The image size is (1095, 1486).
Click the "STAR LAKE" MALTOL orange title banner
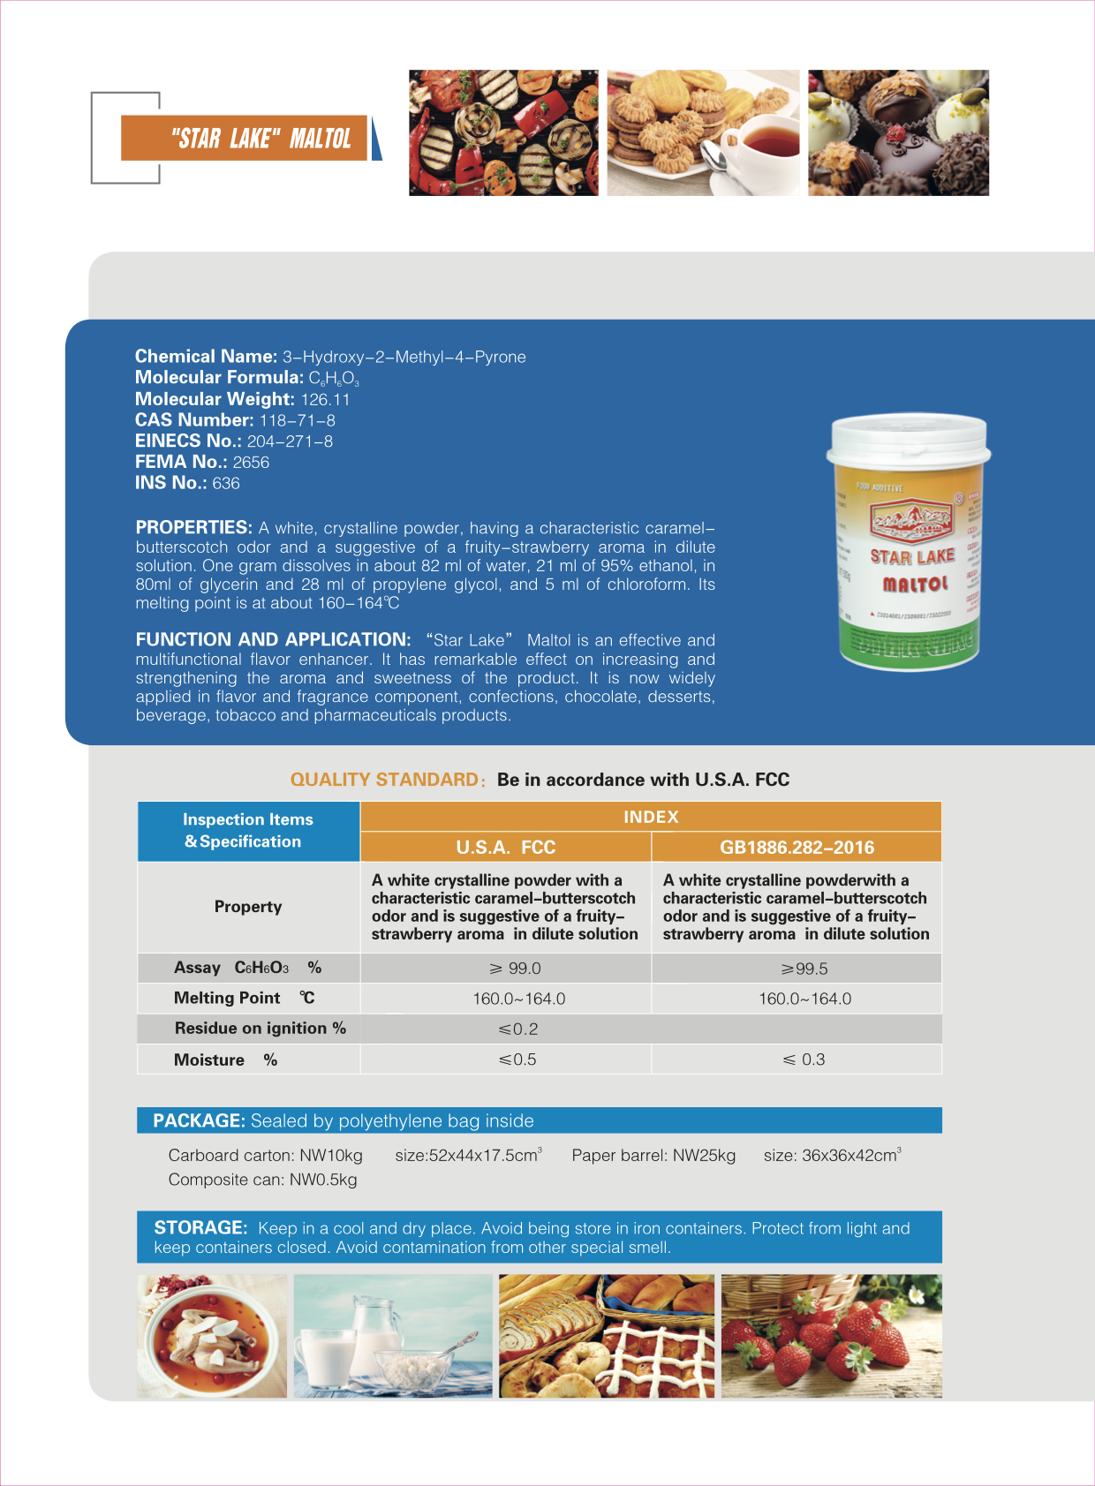tap(244, 138)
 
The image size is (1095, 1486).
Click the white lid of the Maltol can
tap(908, 440)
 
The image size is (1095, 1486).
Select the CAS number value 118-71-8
tap(297, 420)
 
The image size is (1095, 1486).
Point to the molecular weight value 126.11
tap(325, 399)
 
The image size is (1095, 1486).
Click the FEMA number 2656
tap(251, 462)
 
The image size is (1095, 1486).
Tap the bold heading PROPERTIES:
tap(194, 527)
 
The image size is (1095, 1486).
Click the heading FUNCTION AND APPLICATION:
tap(273, 639)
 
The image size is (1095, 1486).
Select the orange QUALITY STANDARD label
tap(385, 780)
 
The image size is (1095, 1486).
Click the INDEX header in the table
tap(651, 817)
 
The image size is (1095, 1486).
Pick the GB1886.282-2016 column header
tap(797, 848)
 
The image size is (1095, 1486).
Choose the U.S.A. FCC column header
tap(505, 848)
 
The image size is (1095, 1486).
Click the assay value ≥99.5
tap(804, 969)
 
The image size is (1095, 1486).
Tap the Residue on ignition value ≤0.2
tap(518, 1029)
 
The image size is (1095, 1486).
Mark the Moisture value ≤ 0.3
tap(804, 1060)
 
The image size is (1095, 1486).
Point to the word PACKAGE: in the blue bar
tap(199, 1120)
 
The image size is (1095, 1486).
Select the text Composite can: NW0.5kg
tap(262, 1180)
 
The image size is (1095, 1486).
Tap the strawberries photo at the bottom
tap(831, 1336)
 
